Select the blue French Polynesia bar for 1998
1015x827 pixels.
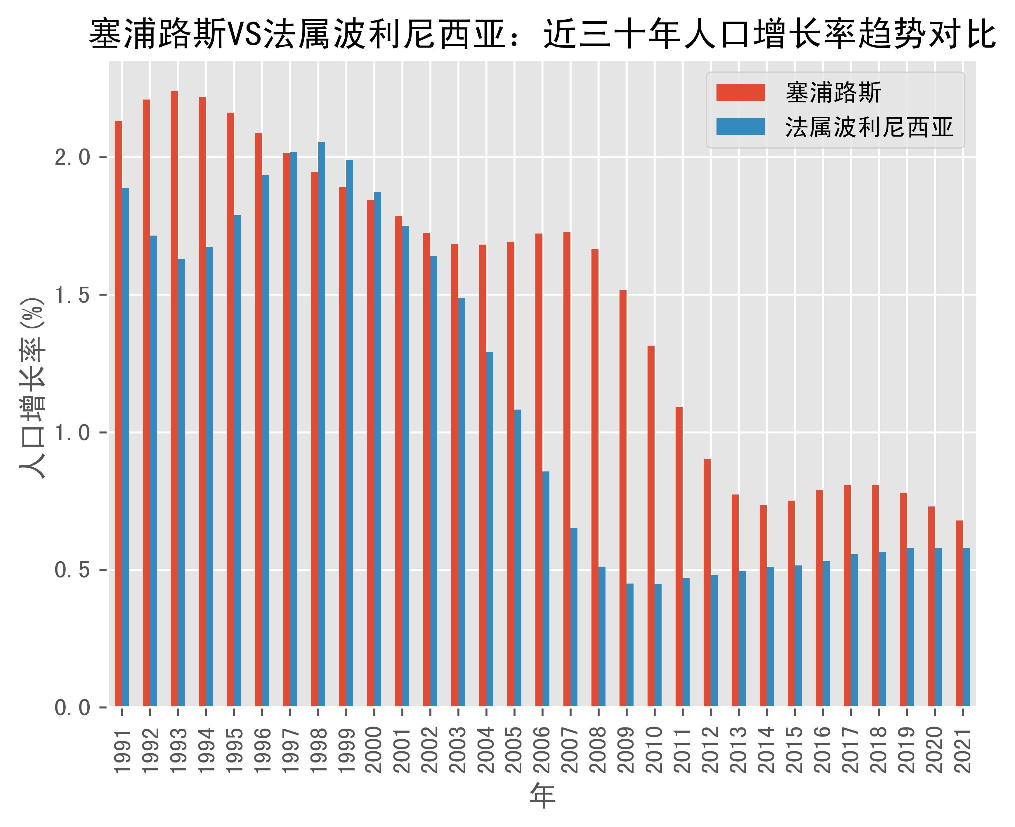point(322,424)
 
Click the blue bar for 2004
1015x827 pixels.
point(490,529)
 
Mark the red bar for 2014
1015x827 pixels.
point(763,605)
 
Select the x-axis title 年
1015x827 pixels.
point(542,795)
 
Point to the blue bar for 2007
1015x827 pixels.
point(574,617)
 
